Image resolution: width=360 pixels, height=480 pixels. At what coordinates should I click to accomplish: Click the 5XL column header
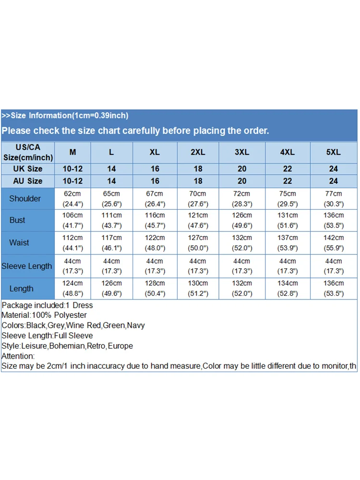(334, 152)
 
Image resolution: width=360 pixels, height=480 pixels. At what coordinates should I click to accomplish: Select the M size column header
(72, 152)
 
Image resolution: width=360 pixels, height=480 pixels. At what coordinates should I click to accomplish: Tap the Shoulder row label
(25, 199)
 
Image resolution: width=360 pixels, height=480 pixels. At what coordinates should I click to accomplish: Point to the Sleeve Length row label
(27, 266)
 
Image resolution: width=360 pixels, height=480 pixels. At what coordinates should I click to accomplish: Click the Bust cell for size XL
(155, 220)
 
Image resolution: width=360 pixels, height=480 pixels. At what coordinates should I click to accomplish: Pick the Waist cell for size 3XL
(242, 243)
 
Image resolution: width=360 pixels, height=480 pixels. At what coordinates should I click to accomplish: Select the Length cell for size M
(72, 288)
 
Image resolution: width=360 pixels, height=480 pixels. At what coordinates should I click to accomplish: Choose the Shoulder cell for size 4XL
(288, 199)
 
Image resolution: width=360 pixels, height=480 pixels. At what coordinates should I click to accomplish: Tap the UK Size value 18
(198, 169)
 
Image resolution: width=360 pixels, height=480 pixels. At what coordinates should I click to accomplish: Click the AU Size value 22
(288, 181)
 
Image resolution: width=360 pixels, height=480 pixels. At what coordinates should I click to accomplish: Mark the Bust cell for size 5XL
(334, 220)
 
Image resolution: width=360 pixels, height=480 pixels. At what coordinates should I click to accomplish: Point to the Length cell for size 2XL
(198, 288)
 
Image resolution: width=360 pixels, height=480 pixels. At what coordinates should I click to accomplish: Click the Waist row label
(19, 243)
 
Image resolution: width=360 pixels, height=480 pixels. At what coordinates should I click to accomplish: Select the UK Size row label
(28, 169)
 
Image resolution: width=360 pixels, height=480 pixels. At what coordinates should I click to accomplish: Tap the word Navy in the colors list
(136, 325)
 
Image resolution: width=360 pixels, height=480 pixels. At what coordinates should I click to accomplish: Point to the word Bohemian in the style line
(68, 346)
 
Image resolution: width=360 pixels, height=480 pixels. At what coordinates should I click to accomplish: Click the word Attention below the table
(18, 356)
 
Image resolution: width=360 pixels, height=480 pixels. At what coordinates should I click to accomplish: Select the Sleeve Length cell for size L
(111, 266)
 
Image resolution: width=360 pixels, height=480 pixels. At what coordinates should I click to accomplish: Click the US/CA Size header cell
(28, 152)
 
